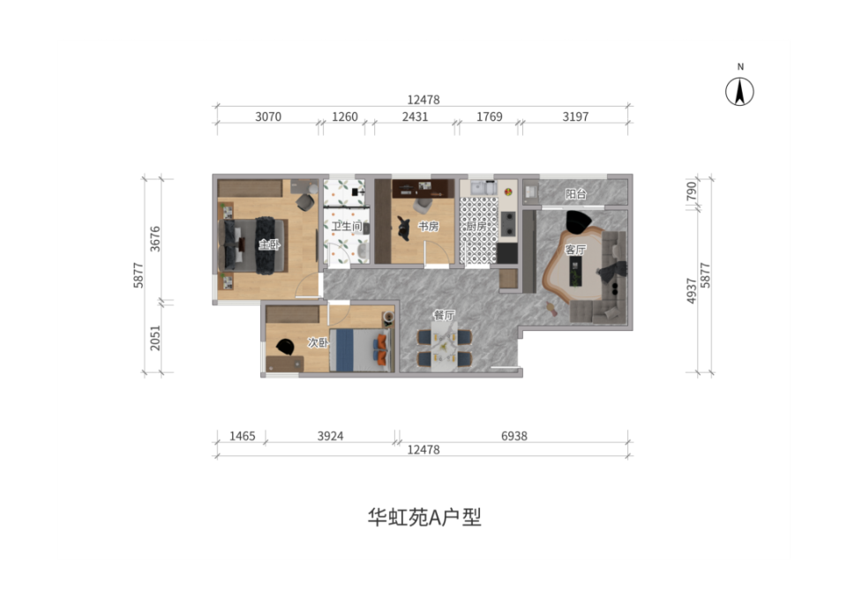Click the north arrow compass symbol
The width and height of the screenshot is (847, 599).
click(739, 91)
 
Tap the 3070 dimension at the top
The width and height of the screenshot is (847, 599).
click(268, 116)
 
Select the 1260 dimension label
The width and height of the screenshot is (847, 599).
click(345, 116)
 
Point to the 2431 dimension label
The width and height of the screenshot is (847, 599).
click(415, 116)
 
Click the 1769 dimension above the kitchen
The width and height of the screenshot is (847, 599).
click(490, 116)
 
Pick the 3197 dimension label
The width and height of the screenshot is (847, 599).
click(575, 116)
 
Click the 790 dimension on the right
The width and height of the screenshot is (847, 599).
click(692, 191)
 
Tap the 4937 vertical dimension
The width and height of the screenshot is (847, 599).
click(692, 290)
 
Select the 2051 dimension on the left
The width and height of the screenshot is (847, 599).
click(155, 338)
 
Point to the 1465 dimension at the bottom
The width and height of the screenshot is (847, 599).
click(242, 436)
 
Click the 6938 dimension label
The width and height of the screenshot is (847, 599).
click(513, 436)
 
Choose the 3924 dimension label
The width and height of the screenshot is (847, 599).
click(330, 436)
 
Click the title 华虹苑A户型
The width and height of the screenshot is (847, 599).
click(424, 517)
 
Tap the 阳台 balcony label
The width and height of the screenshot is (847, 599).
click(576, 194)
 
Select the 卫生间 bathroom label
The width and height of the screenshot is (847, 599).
click(347, 226)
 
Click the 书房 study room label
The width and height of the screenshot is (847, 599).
click(429, 227)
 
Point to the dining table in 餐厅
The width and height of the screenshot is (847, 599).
click(445, 346)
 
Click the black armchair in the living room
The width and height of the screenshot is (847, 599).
click(579, 221)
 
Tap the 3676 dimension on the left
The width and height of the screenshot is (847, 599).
click(155, 238)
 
